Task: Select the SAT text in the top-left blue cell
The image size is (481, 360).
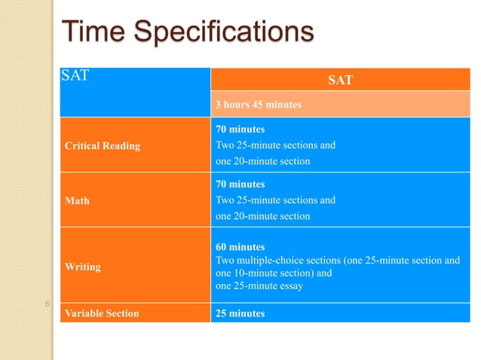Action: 75,76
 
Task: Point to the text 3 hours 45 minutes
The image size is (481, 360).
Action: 259,105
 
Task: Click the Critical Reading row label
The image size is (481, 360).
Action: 101,145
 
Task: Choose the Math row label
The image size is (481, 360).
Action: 76,200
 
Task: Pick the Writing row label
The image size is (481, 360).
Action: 81,266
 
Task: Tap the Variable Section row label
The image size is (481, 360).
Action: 101,313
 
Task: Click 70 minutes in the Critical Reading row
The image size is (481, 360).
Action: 240,130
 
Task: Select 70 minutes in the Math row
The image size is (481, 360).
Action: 240,185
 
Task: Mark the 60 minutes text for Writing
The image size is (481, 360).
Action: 240,247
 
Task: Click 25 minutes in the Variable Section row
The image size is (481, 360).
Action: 240,313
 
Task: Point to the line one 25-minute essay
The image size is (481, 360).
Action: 259,286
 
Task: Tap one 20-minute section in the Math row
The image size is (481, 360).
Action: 262,216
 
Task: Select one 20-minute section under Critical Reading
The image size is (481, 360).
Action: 262,161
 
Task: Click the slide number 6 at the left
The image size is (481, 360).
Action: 47,304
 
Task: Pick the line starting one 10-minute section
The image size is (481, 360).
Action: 274,273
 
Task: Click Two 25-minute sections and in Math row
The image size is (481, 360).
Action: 275,200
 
